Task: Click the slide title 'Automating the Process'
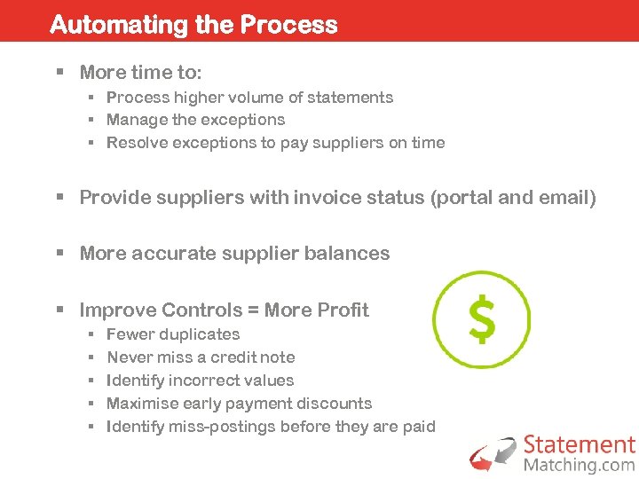tap(193, 24)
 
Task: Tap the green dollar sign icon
tap(481, 319)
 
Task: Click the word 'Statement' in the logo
tap(579, 444)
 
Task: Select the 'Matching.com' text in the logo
tap(579, 464)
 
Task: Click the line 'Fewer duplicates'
tap(173, 334)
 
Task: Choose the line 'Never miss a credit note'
tap(201, 357)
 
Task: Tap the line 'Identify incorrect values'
tap(200, 381)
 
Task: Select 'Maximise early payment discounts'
tap(239, 404)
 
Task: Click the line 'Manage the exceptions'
tap(195, 120)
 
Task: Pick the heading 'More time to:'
tap(140, 72)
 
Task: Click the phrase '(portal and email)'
tap(512, 197)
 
